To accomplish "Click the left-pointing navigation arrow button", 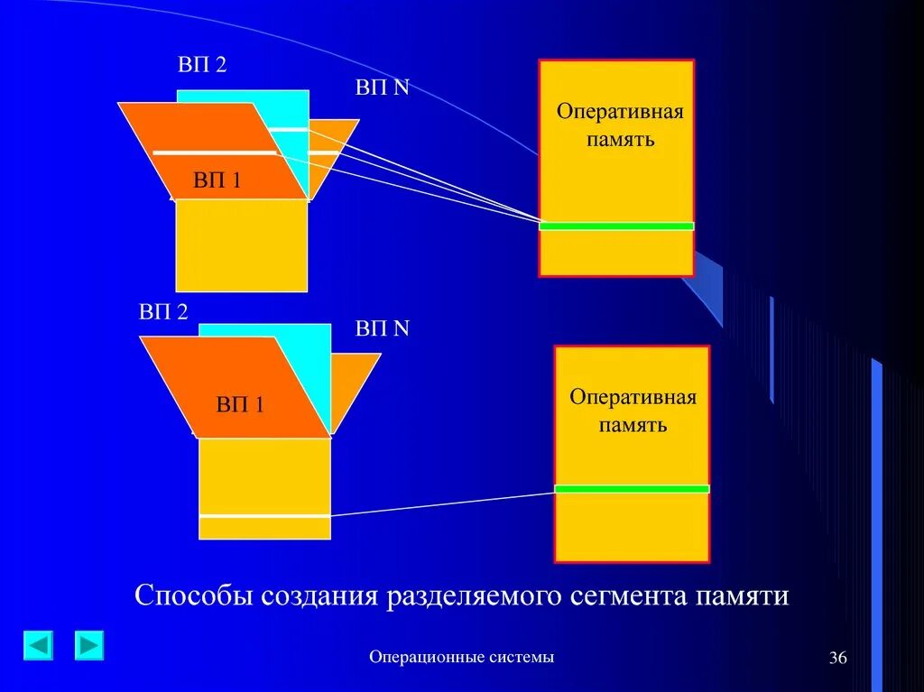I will click(x=38, y=645).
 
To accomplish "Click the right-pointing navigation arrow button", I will click(x=89, y=645).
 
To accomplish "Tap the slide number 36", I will click(x=837, y=659).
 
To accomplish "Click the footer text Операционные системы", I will click(x=461, y=657).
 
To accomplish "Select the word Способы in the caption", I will click(x=192, y=596).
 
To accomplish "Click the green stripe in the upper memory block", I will click(x=616, y=226).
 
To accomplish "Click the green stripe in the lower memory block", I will click(x=632, y=488).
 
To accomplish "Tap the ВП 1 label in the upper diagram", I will click(x=217, y=180).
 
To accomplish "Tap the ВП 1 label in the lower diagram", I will click(x=239, y=404).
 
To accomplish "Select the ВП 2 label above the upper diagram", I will click(x=201, y=66).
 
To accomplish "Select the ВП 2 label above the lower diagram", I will click(x=163, y=312).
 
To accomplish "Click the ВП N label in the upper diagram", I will click(x=382, y=88).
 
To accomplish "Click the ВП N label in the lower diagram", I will click(x=382, y=328).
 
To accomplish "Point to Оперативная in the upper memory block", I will click(x=620, y=112).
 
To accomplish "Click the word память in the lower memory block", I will click(x=633, y=424).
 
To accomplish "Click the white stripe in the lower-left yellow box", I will click(x=264, y=515).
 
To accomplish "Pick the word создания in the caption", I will click(x=319, y=596).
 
